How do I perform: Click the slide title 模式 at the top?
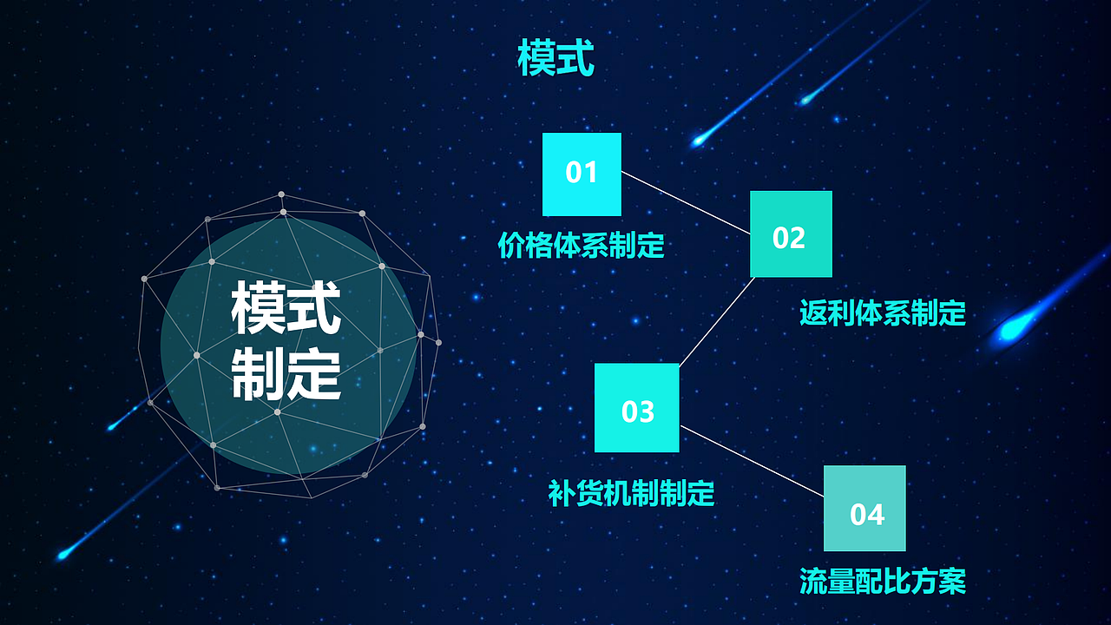[x=555, y=58]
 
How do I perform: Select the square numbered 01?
[x=582, y=174]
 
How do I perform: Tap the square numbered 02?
[x=791, y=234]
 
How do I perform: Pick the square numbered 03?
[x=636, y=407]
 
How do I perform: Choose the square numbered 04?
[x=864, y=509]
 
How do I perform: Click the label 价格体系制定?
[x=581, y=246]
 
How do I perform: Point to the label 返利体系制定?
[x=882, y=312]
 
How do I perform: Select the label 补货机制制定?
[x=631, y=493]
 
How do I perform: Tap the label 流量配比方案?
[x=882, y=581]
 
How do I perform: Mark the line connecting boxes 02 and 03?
[x=717, y=321]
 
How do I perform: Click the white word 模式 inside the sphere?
[x=286, y=310]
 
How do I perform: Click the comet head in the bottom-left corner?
[x=62, y=554]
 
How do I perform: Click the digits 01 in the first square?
[x=582, y=173]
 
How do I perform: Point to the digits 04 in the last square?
[x=866, y=515]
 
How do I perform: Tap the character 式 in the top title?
[x=575, y=58]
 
